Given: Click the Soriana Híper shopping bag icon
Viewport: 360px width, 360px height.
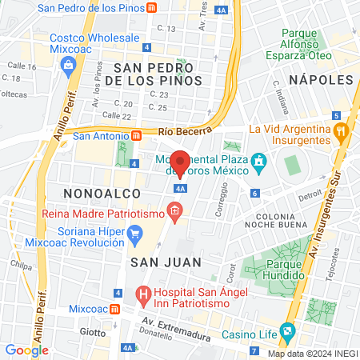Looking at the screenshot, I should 137,234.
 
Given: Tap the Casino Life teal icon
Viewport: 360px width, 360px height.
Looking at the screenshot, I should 287,330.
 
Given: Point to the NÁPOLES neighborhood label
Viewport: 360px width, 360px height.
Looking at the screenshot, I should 321,80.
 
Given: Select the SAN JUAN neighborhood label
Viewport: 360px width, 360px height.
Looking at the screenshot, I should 154,261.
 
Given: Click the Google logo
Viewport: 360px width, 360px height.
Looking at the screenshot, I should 26,350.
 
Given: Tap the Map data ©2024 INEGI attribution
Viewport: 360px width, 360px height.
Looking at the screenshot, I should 311,353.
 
